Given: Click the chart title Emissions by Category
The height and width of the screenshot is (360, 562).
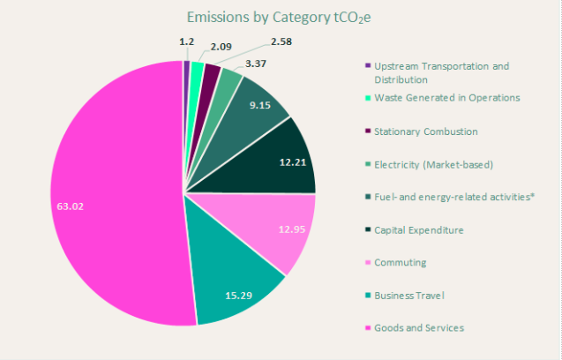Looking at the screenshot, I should point(281,18).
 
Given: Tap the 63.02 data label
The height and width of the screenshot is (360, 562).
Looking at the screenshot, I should point(68,206).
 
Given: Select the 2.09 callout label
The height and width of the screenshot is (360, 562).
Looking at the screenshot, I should point(222,47).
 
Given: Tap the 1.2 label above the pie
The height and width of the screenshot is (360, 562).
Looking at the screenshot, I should point(186,41).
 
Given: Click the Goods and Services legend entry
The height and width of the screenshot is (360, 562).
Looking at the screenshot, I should point(419,327).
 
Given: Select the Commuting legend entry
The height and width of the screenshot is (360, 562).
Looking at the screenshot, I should point(400,262).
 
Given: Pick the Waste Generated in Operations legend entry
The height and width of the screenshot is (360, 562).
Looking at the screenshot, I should point(446,98).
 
